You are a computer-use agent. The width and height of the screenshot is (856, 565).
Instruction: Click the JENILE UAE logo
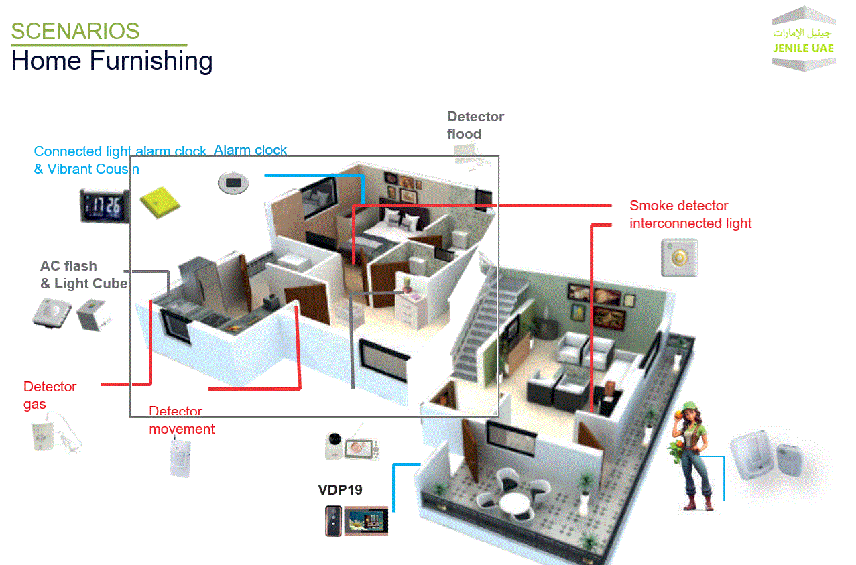point(803,40)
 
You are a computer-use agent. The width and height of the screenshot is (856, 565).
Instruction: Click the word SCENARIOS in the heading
point(75,31)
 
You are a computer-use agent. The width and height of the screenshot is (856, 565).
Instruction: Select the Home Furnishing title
point(112,61)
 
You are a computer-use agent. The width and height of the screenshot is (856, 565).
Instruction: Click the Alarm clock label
point(250,150)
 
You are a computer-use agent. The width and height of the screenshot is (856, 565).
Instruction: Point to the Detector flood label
point(475,125)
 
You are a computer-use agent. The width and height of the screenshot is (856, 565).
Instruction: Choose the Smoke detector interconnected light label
point(690,214)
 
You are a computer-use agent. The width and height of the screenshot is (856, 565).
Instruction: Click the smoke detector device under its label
point(680,257)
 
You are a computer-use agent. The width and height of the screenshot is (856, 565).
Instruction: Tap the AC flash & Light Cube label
point(83,275)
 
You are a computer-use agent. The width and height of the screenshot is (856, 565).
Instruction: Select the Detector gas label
point(50,395)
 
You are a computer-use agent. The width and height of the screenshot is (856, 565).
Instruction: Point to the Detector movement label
point(181,421)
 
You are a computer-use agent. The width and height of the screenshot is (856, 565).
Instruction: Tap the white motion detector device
point(180,456)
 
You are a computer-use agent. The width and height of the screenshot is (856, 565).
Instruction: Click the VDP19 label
point(340,490)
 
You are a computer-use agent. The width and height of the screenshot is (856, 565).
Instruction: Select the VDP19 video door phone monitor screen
point(366,521)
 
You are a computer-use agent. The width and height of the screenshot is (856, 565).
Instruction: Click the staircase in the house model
point(477,315)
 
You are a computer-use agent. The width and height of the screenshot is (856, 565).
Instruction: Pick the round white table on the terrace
point(513,499)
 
